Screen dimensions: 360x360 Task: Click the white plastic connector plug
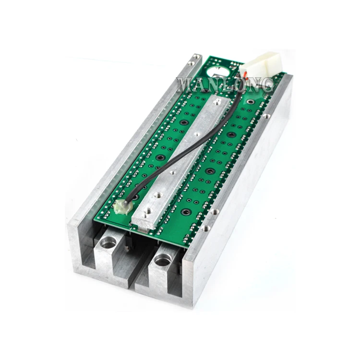point(261,65)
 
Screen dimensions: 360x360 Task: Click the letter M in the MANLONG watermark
point(186,85)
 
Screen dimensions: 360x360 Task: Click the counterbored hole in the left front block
point(108,242)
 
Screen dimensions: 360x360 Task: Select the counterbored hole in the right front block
point(163,260)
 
